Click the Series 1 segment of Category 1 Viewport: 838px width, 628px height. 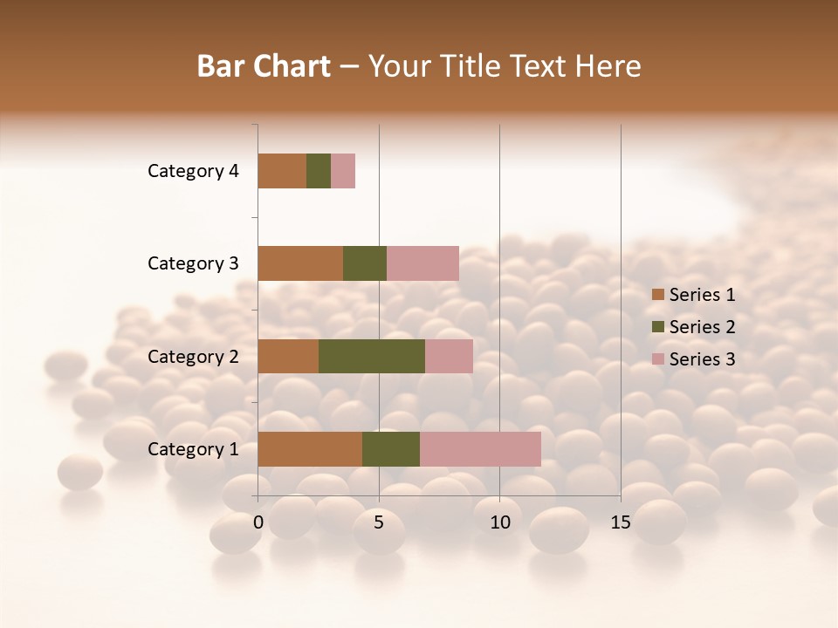click(x=310, y=449)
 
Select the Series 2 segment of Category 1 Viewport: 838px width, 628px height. click(x=391, y=449)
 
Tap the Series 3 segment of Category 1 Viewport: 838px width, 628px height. click(x=480, y=449)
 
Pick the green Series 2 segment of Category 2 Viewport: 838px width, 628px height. click(x=372, y=356)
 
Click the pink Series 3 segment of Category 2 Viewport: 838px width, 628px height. click(x=449, y=356)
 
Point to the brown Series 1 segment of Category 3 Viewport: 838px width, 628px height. click(x=300, y=263)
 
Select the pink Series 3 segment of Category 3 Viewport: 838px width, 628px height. click(x=422, y=263)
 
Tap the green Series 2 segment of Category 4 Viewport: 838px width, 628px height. click(x=319, y=171)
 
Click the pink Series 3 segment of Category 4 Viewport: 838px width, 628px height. click(x=343, y=171)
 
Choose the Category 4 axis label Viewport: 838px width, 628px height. click(x=193, y=171)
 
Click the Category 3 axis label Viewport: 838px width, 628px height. click(x=193, y=263)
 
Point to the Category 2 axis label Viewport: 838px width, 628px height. click(x=193, y=357)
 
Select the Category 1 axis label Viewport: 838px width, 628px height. click(x=193, y=449)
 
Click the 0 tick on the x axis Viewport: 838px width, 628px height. click(x=258, y=522)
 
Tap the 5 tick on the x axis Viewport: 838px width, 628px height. click(x=379, y=522)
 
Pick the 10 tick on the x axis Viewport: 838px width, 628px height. click(x=499, y=522)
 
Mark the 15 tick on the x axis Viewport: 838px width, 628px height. click(x=621, y=522)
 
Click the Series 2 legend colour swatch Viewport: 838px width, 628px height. click(x=657, y=327)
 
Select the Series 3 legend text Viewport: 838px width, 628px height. click(x=702, y=359)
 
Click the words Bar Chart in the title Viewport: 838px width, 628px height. click(x=264, y=66)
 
